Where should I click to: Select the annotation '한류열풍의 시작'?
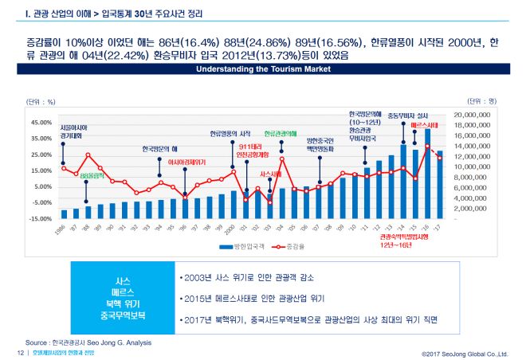point(231,133)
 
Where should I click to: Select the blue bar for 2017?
point(439,184)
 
